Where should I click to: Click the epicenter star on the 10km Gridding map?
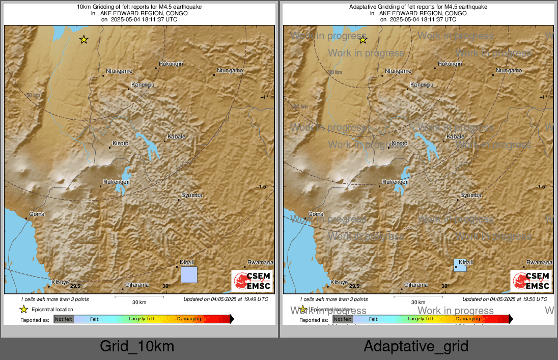[83, 39]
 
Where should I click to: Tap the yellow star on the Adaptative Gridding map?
[362, 40]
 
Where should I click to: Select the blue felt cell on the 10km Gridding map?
[189, 274]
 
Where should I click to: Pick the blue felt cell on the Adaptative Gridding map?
[460, 265]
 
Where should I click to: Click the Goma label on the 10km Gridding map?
[37, 214]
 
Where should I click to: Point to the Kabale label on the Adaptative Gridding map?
[455, 136]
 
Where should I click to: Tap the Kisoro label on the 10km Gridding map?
[120, 143]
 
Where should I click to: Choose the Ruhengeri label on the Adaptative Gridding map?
[396, 181]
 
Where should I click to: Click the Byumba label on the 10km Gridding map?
[192, 195]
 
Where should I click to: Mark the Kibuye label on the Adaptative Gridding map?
[339, 282]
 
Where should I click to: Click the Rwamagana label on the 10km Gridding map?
[261, 262]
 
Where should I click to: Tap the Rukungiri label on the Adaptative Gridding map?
[450, 64]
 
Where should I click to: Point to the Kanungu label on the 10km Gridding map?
[143, 85]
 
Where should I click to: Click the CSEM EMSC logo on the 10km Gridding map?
[252, 281]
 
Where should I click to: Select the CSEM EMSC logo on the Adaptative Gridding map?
[531, 281]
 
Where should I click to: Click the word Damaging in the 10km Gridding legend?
[189, 319]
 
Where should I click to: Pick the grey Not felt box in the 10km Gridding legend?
[64, 319]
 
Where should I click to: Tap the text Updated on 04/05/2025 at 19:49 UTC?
[226, 299]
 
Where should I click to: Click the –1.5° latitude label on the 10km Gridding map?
[262, 187]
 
